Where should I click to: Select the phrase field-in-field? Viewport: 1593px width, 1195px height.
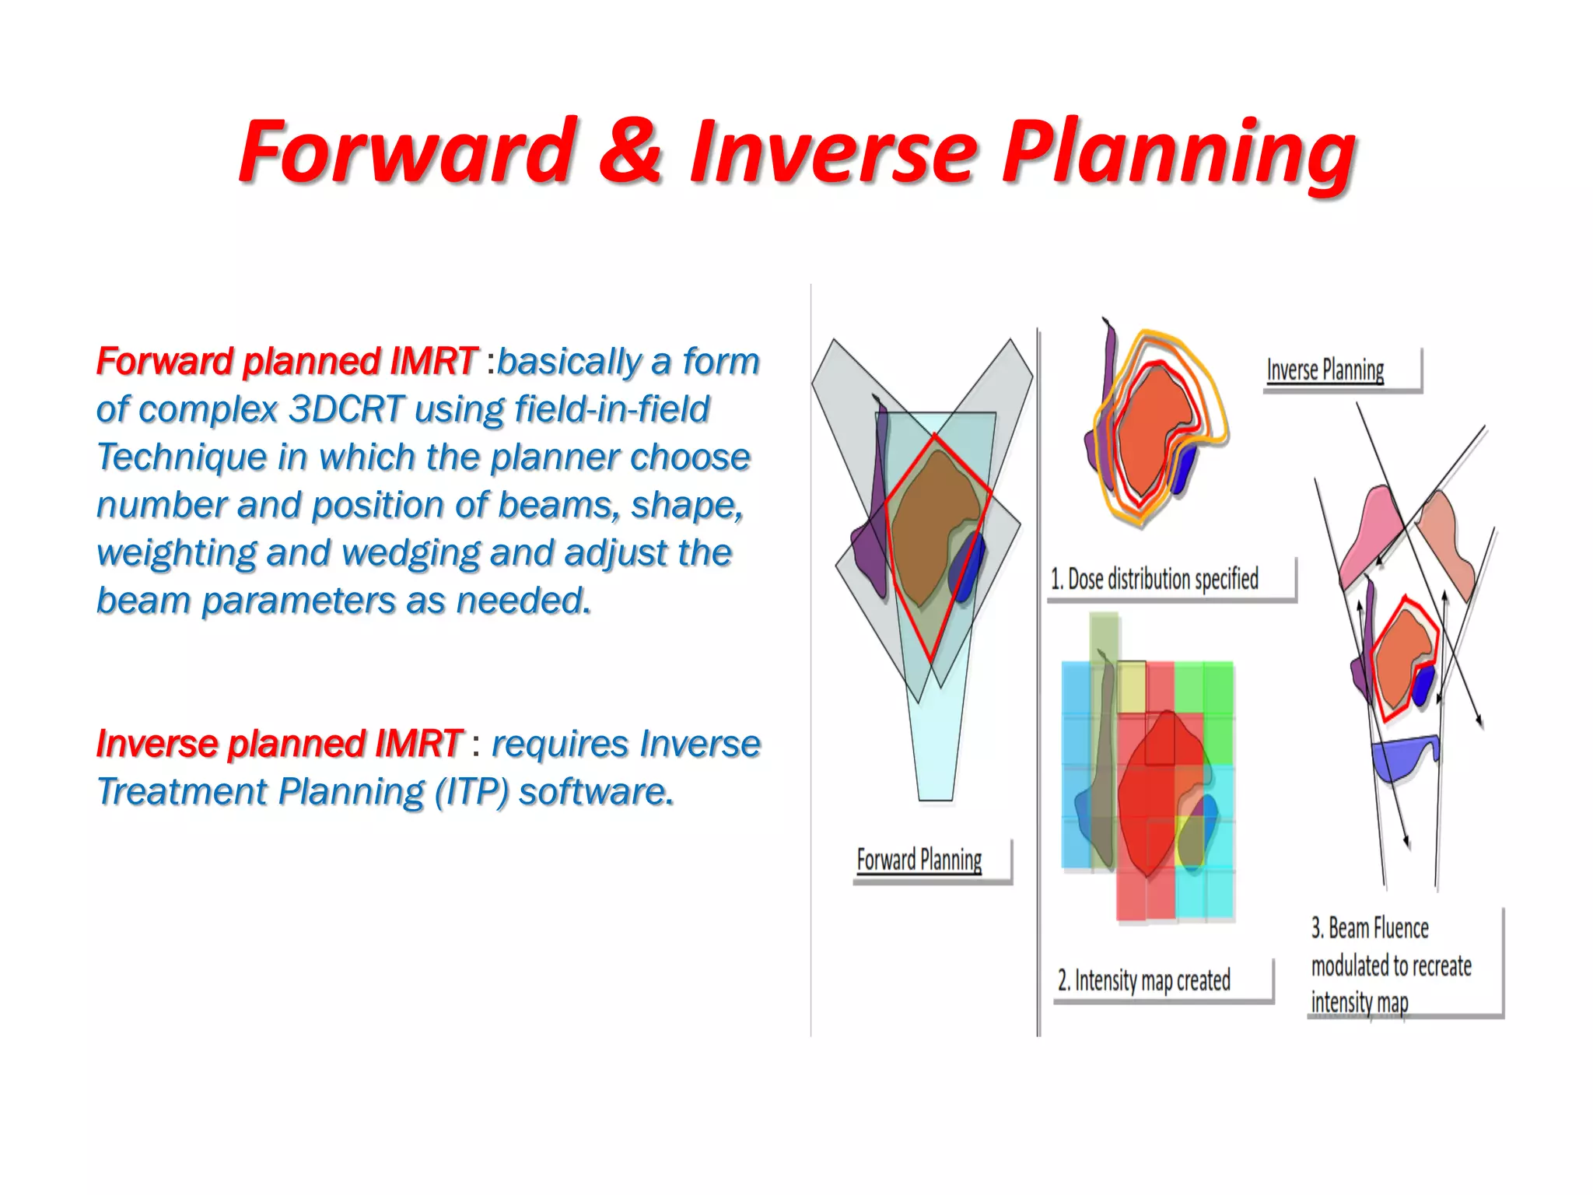611,409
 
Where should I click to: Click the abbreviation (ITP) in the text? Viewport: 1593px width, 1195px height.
471,792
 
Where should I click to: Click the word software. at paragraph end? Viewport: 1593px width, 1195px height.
596,792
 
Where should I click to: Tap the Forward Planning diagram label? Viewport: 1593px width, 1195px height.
919,860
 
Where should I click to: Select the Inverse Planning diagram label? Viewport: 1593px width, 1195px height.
1325,370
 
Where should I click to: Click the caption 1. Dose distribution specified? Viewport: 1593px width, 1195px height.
1154,580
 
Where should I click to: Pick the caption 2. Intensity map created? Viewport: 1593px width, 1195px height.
1143,980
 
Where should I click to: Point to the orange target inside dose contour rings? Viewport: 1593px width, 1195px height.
1151,428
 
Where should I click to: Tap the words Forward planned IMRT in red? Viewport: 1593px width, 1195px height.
285,362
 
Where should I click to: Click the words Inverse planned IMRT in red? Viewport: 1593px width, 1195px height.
279,744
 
